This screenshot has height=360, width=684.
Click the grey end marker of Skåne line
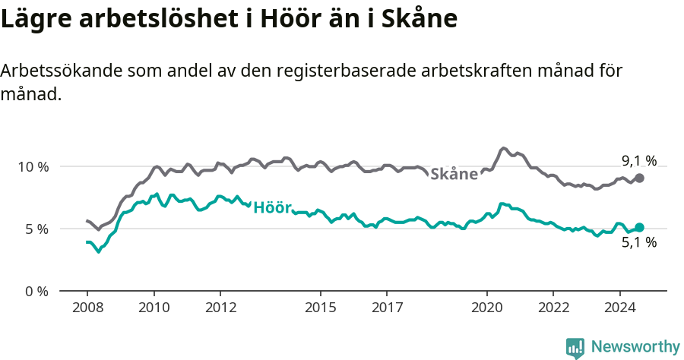[639, 178]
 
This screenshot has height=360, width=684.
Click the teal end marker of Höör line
[639, 227]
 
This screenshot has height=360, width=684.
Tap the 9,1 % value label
[638, 161]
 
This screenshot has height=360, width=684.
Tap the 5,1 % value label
[638, 243]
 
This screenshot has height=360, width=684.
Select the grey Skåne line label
[454, 174]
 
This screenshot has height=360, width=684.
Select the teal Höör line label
[272, 207]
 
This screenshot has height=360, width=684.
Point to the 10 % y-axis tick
[33, 166]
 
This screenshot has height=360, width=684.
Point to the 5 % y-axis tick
[36, 229]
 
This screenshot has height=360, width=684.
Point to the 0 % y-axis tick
[36, 291]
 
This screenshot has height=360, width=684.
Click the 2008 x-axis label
[87, 308]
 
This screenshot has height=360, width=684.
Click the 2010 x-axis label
[154, 308]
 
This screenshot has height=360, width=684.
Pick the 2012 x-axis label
[220, 308]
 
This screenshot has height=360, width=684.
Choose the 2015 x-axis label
[320, 308]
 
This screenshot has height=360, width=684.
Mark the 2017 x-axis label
[387, 308]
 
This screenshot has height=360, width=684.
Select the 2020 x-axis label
[486, 308]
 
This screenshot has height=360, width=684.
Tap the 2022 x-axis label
[553, 308]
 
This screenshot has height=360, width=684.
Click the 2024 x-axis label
[619, 308]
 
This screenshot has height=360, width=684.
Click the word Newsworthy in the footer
[635, 347]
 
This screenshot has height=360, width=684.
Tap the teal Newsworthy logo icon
[575, 348]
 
